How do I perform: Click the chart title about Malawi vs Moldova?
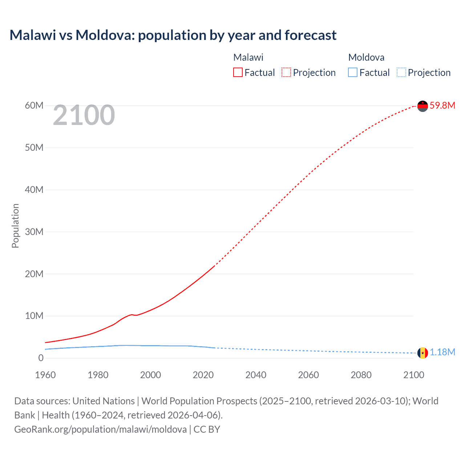pyautogui.click(x=173, y=35)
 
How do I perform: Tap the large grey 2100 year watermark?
pyautogui.click(x=84, y=115)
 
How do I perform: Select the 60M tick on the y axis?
pyautogui.click(x=34, y=105)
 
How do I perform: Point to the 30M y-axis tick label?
pyautogui.click(x=34, y=232)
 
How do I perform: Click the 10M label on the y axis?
pyautogui.click(x=34, y=316)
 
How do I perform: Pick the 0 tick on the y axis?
pyautogui.click(x=41, y=358)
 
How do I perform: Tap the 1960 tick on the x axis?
pyautogui.click(x=45, y=375)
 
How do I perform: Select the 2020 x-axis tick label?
pyautogui.click(x=203, y=375)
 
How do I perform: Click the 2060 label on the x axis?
pyautogui.click(x=308, y=375)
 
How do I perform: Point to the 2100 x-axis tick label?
pyautogui.click(x=413, y=375)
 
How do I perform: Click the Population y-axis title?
pyautogui.click(x=15, y=226)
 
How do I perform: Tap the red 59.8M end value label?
pyautogui.click(x=442, y=105)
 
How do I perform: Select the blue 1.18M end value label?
pyautogui.click(x=442, y=352)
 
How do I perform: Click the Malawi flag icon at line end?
pyautogui.click(x=422, y=106)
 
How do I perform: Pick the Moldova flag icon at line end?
pyautogui.click(x=422, y=353)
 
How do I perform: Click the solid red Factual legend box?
pyautogui.click(x=238, y=73)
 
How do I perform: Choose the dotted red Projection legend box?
pyautogui.click(x=286, y=73)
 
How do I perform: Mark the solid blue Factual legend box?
pyautogui.click(x=353, y=73)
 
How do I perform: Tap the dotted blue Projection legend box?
pyautogui.click(x=401, y=73)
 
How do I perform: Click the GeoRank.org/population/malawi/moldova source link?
pyautogui.click(x=100, y=429)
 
